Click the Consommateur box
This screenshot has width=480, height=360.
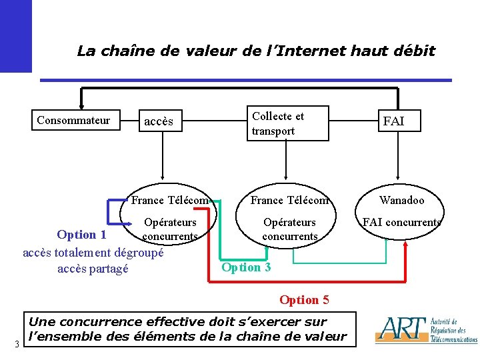[73, 121]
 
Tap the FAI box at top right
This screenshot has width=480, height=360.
[392, 121]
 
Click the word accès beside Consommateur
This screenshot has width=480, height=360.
[159, 121]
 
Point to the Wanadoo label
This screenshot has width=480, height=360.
[401, 200]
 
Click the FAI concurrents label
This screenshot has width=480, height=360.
[401, 222]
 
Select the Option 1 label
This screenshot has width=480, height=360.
[82, 235]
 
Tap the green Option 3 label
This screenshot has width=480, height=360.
[246, 267]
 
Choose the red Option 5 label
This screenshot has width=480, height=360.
[305, 300]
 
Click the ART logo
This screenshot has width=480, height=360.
[426, 329]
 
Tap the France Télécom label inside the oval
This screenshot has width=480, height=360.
[170, 200]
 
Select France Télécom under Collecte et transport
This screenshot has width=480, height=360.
[289, 200]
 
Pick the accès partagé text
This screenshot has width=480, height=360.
[93, 269]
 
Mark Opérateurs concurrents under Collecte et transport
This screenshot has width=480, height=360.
[289, 229]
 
